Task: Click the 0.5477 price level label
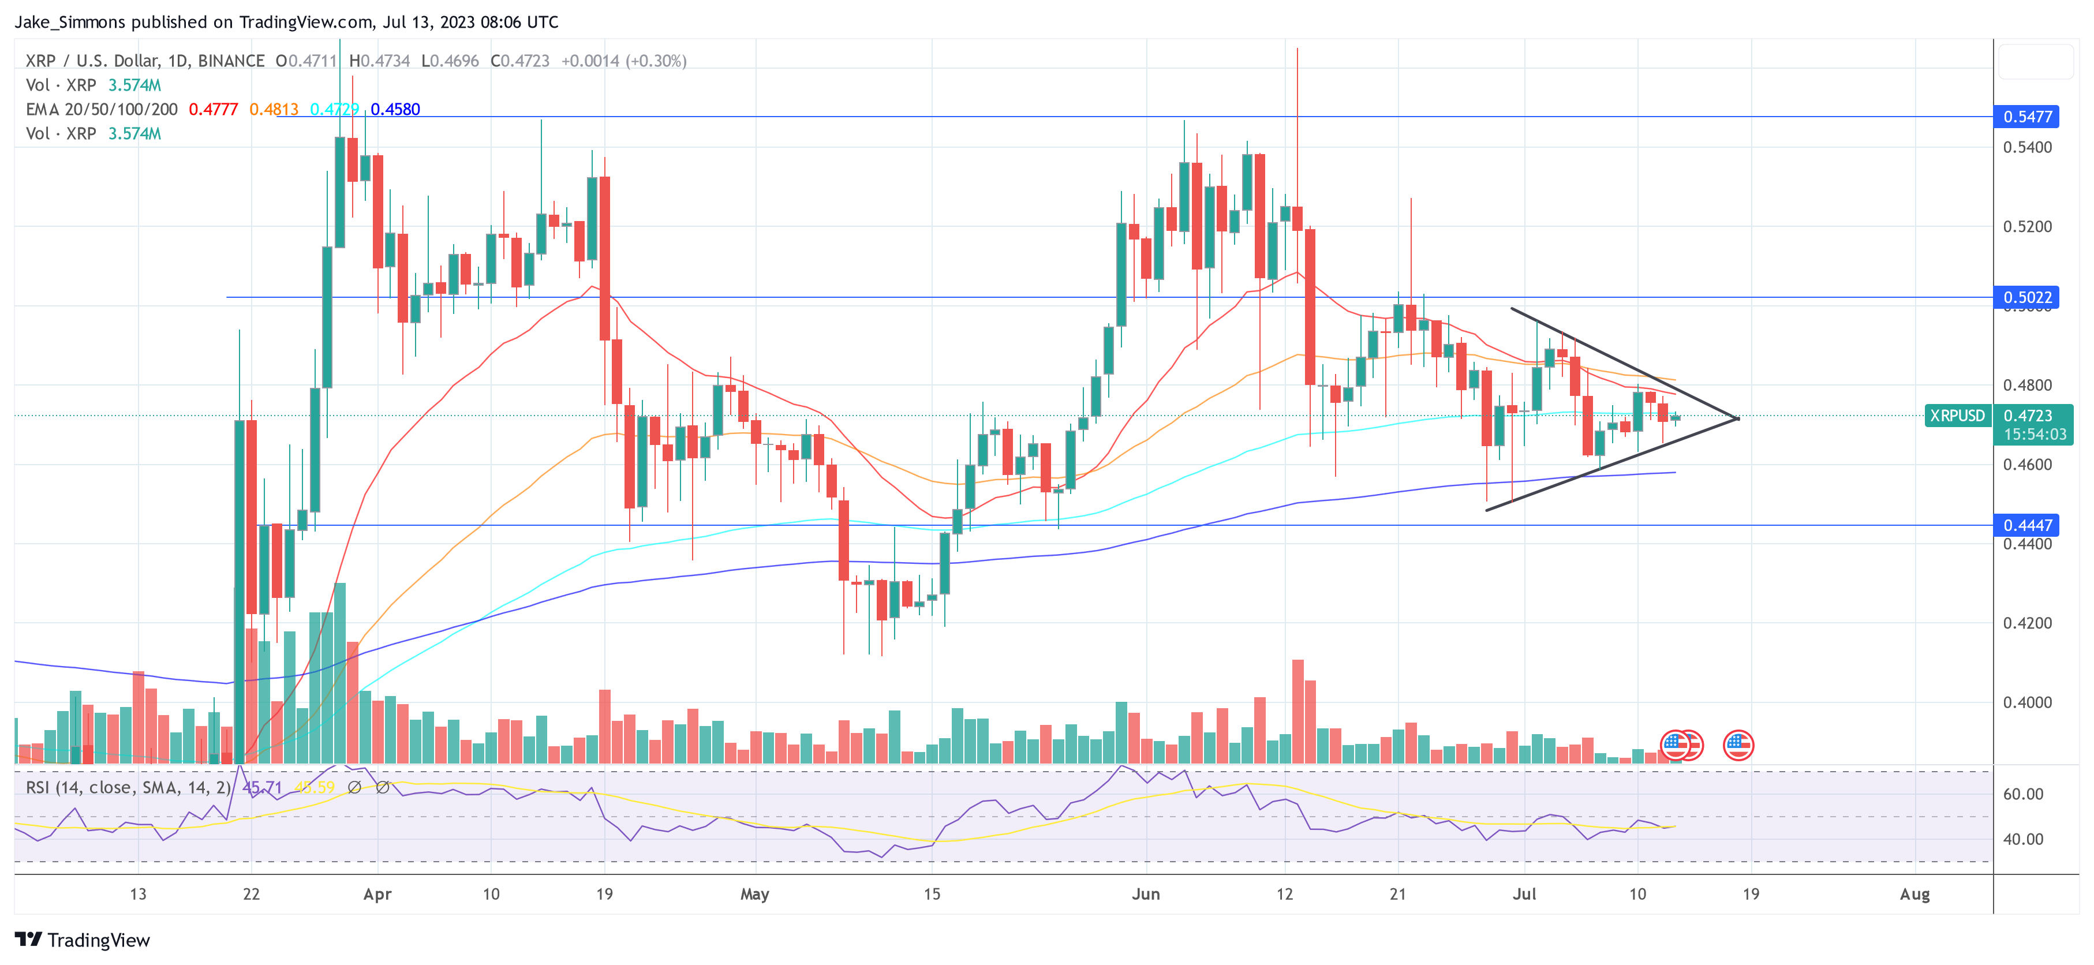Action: click(2028, 116)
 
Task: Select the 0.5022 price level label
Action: click(2028, 298)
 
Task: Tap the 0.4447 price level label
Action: click(2028, 525)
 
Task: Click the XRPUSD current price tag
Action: click(1957, 416)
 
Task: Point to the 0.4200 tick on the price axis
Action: click(2028, 623)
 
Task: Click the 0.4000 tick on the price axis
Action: click(2028, 702)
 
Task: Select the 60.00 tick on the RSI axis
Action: click(2022, 794)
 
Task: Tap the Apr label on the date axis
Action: click(377, 894)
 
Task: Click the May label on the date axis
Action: click(754, 894)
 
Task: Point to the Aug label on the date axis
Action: click(1914, 894)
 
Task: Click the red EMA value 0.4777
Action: click(213, 110)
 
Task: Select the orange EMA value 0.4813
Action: click(274, 110)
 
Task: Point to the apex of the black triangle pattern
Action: click(1737, 418)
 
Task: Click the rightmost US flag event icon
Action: click(1738, 745)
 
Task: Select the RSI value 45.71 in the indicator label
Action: click(263, 788)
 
